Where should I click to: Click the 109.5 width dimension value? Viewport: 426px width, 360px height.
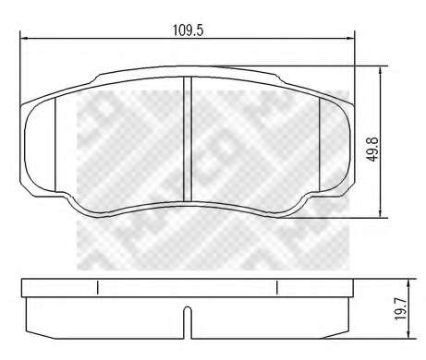pos(188,30)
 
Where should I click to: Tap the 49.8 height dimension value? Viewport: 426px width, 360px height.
pos(373,150)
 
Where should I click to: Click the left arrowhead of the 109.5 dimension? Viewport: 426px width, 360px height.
pos(24,39)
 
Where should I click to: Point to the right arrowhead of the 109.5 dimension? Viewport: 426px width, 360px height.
pos(350,39)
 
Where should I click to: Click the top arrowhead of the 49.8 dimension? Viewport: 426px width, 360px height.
pos(381,70)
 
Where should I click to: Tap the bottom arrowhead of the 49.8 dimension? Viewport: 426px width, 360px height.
pos(381,214)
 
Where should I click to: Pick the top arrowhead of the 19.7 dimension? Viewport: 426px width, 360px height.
pos(408,283)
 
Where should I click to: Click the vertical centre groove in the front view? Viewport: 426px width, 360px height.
pos(188,139)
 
